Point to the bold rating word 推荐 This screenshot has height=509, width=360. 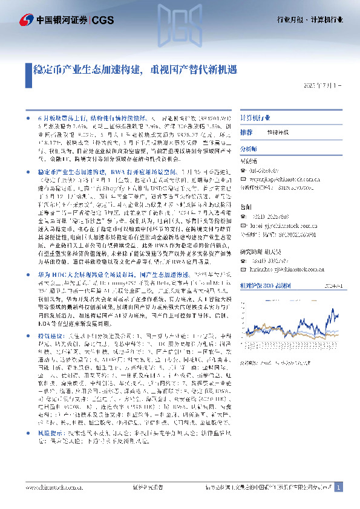click(x=246, y=132)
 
